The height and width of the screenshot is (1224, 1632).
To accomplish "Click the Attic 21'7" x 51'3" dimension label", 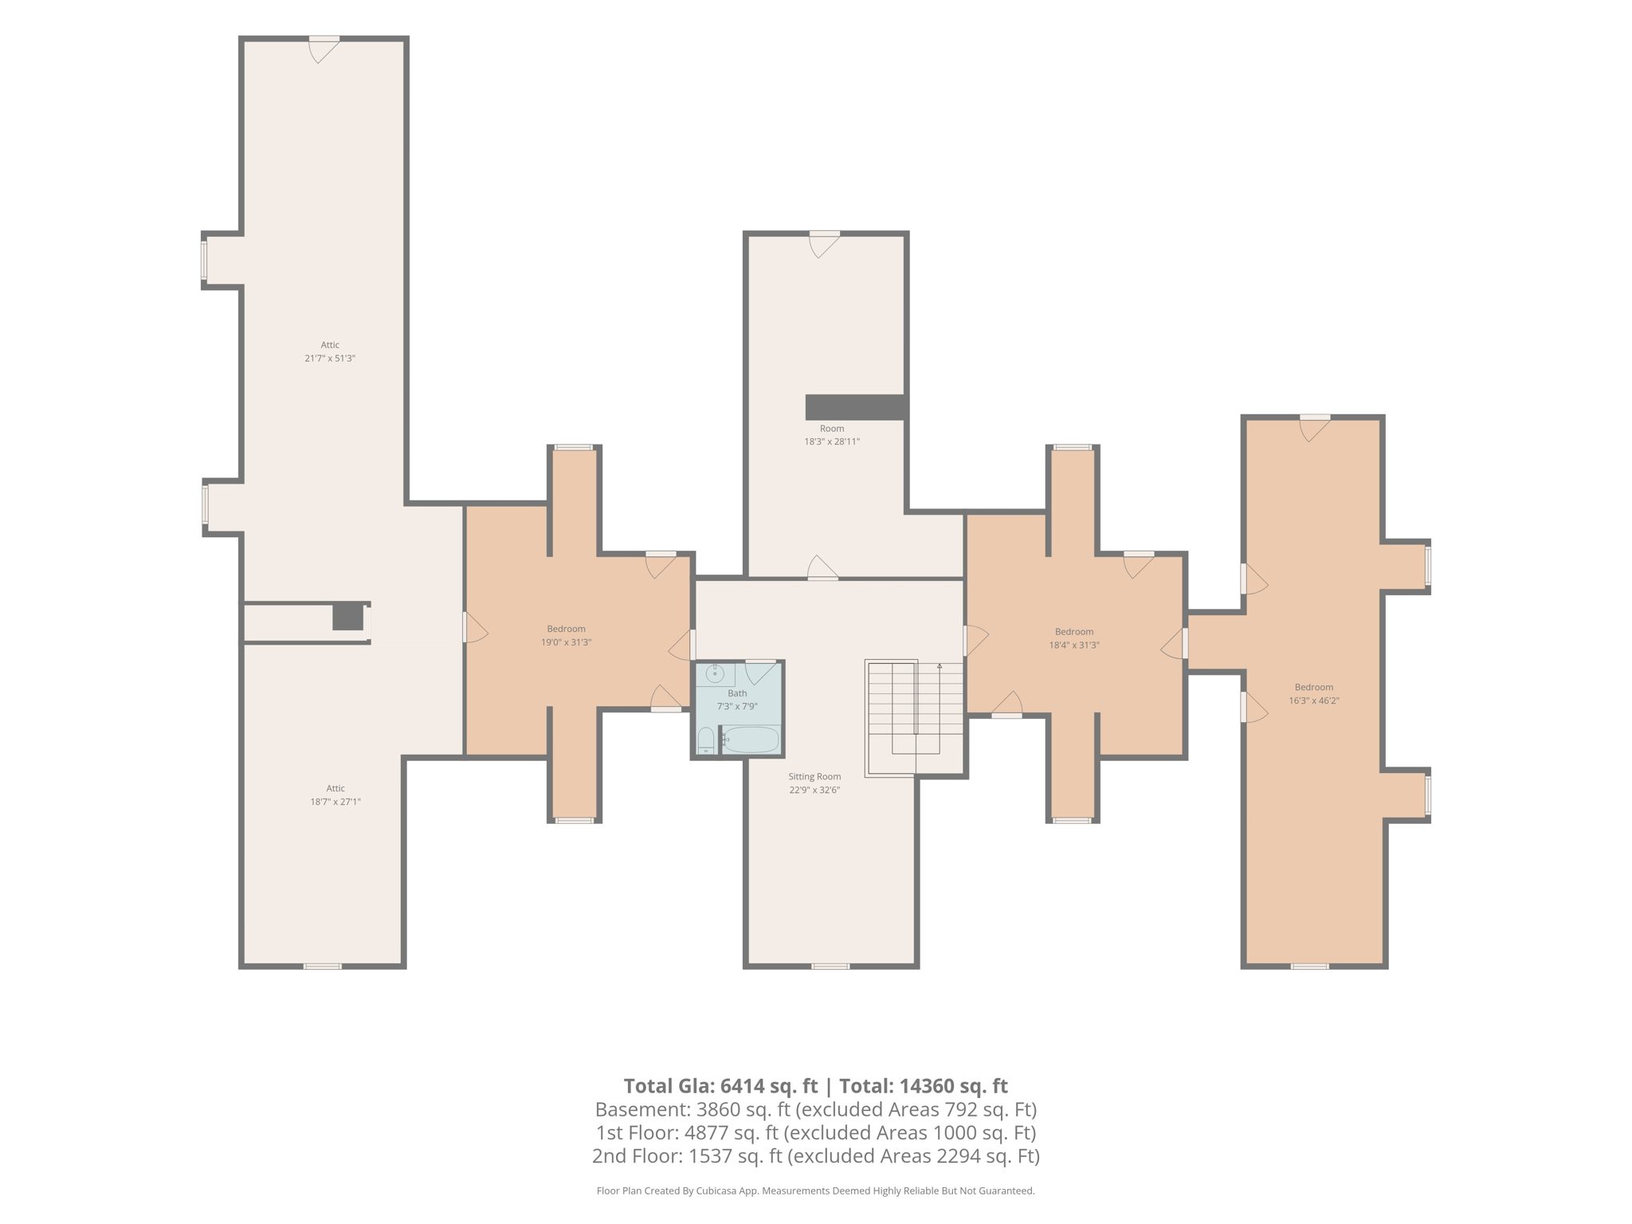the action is tap(330, 351).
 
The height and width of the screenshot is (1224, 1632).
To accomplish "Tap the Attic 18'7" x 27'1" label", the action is tap(335, 795).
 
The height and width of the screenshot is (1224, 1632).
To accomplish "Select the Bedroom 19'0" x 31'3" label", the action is tap(566, 636).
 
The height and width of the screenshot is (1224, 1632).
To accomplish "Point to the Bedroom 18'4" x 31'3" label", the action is tap(1074, 638).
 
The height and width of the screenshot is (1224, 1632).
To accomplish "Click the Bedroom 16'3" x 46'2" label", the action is tap(1314, 694).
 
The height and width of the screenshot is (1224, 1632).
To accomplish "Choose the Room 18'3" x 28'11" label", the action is tap(832, 435).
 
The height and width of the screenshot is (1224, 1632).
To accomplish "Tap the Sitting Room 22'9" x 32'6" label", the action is tap(814, 783).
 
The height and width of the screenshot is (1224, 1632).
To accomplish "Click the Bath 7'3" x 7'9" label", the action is tap(737, 700).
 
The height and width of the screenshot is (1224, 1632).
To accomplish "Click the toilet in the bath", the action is tap(706, 740).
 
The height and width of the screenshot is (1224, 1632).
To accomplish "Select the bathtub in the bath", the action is tap(751, 739).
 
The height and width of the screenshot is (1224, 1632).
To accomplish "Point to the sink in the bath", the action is tap(715, 674).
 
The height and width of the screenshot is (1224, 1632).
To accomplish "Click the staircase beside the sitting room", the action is tap(915, 717).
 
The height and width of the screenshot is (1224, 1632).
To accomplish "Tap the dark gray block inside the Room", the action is tap(855, 407).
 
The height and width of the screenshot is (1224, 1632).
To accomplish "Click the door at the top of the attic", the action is tap(324, 49).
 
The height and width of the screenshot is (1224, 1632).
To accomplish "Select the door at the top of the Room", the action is tap(825, 244).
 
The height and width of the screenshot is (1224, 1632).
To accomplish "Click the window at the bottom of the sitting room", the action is tap(830, 967).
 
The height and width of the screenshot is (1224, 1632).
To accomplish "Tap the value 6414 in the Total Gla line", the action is tap(742, 1086).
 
